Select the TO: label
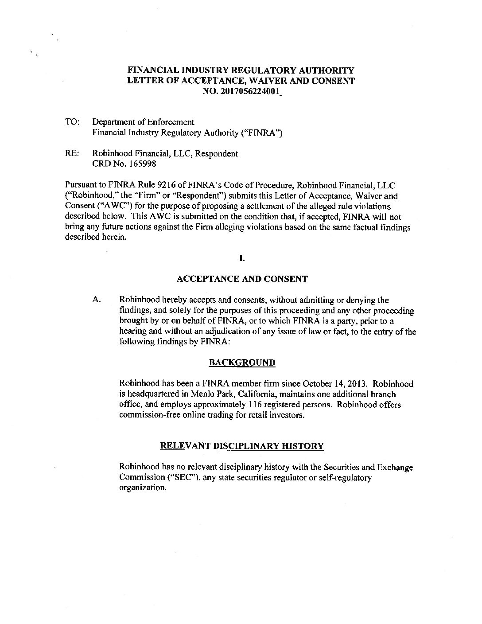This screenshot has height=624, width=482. (71, 122)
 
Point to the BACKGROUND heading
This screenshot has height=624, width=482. (241, 363)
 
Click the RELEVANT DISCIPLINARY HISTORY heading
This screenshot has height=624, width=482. (241, 446)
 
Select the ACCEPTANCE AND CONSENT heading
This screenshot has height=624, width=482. (241, 279)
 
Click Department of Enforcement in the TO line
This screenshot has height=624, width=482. (143, 122)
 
